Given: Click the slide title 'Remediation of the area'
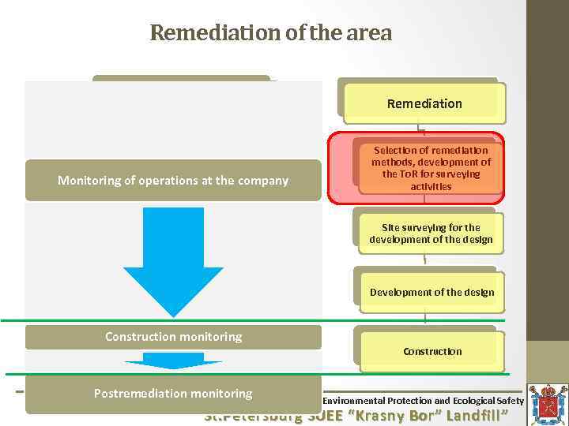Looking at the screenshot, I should (270, 33).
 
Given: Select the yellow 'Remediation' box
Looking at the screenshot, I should (424, 103).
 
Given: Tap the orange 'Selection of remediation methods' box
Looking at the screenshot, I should (431, 168).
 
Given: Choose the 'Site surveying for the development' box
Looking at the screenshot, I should (431, 234).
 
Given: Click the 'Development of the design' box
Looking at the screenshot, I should (431, 292).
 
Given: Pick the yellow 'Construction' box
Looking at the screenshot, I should (432, 351).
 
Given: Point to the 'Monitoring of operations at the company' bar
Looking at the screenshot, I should (173, 180).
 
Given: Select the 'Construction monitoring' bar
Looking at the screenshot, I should (173, 337).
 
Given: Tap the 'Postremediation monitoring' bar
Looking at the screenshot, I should (173, 394).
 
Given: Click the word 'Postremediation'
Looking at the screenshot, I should (138, 394).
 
